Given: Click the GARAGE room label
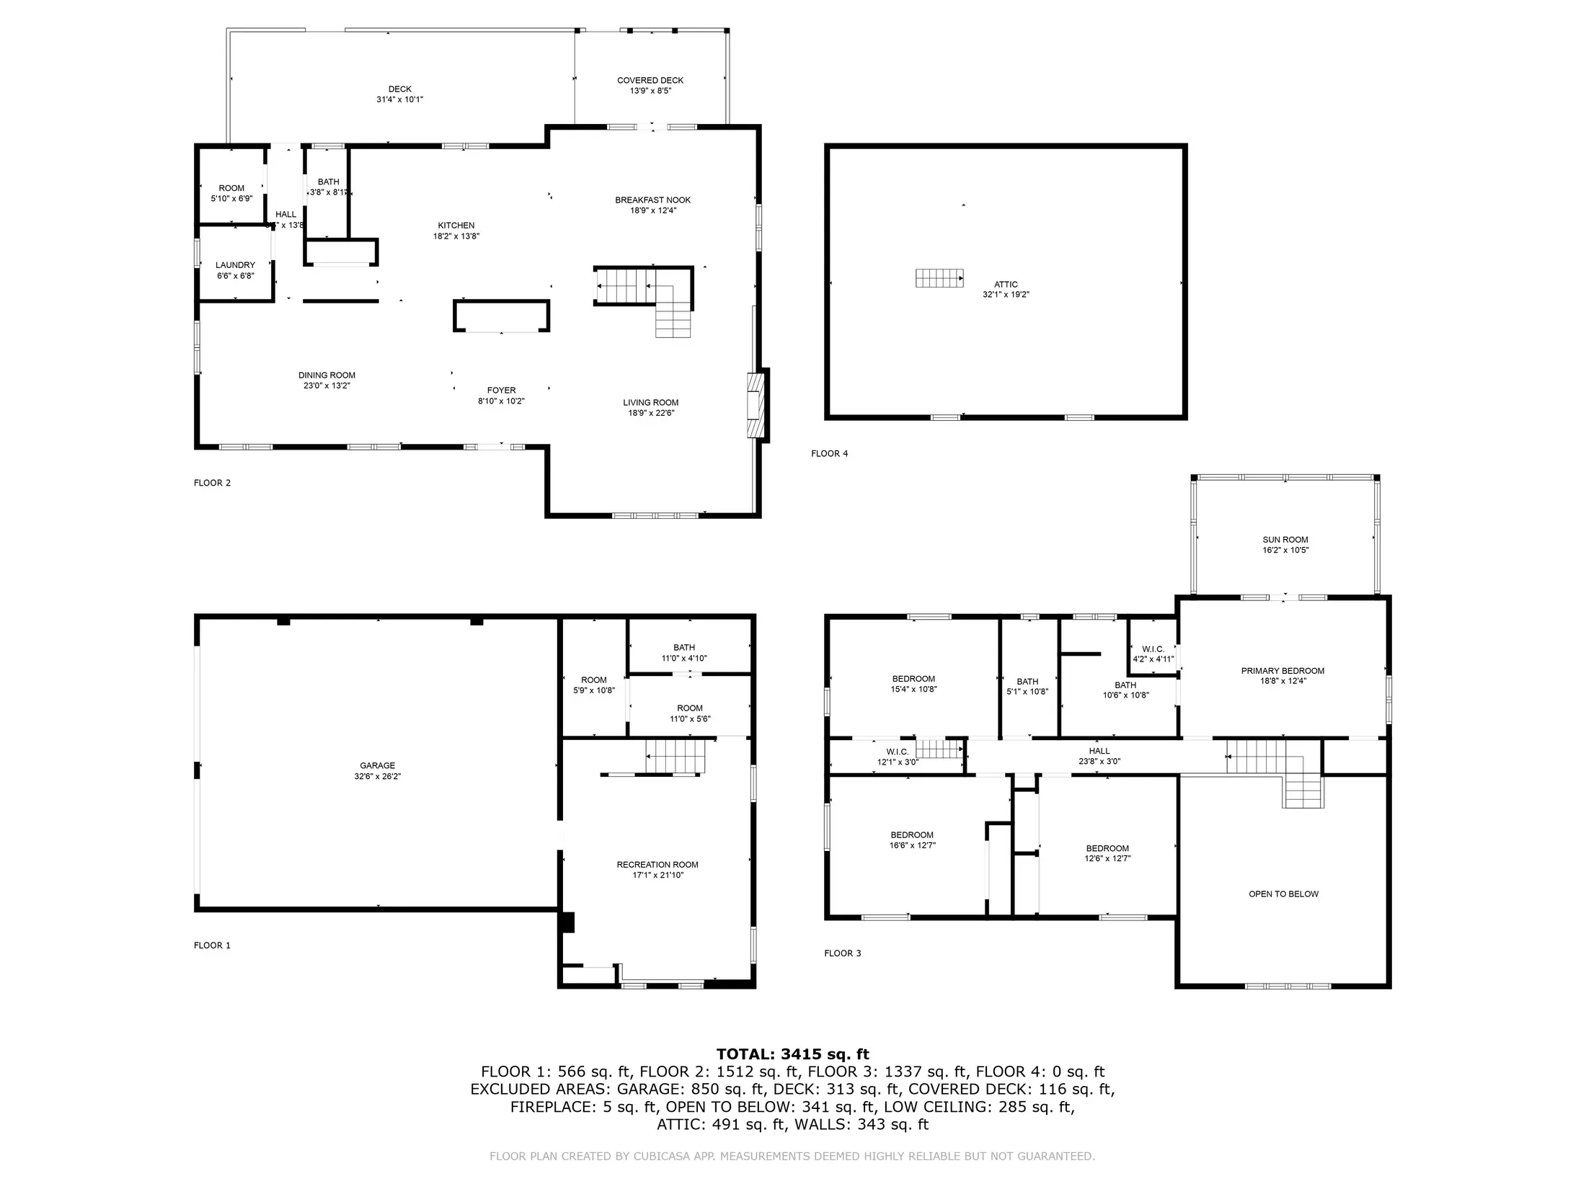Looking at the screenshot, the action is tap(378, 765).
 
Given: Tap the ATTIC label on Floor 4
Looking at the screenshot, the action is tap(1006, 285).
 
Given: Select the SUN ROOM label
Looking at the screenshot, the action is tap(1285, 540).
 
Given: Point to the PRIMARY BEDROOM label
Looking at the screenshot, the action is tap(1282, 671).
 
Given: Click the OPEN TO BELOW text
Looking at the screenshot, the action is tap(1283, 894).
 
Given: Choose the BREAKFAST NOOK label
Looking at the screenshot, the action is tap(653, 200).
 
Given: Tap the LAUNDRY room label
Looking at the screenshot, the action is tap(235, 265).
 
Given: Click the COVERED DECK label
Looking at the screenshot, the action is tap(650, 81).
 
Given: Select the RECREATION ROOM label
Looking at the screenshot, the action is tap(657, 865).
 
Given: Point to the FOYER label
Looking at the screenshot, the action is tap(501, 391).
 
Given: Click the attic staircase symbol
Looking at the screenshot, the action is tap(939, 278).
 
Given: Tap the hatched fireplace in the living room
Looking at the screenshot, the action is tap(755, 405).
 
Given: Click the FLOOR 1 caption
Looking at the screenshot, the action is tap(212, 945).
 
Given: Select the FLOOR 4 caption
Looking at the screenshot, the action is tap(830, 454).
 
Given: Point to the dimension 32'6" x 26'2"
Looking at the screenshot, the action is tap(378, 777).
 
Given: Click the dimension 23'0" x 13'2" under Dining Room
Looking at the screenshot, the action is tap(327, 386).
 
